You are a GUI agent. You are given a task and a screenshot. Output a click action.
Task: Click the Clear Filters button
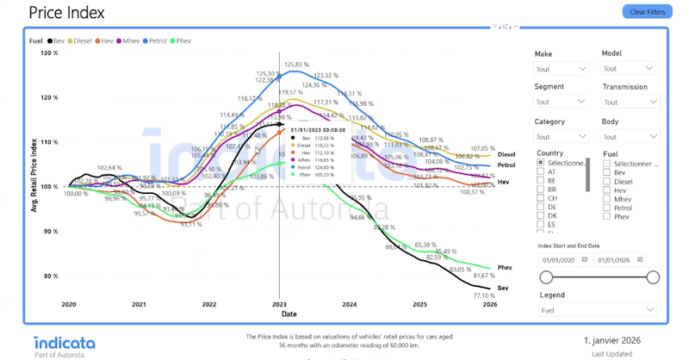pyautogui.click(x=647, y=12)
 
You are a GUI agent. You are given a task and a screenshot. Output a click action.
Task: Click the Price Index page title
pyautogui.click(x=66, y=13)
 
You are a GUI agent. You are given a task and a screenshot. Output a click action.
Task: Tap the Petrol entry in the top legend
pyautogui.click(x=158, y=40)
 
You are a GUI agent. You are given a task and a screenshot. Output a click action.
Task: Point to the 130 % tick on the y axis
pyautogui.click(x=50, y=53)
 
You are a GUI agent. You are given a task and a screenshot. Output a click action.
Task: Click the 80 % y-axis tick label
pyautogui.click(x=51, y=276)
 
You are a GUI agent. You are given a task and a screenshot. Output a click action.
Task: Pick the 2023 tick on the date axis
pyautogui.click(x=279, y=305)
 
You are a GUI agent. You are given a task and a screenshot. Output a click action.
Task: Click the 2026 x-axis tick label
pyautogui.click(x=490, y=305)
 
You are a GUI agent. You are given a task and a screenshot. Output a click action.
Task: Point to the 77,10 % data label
pyautogui.click(x=485, y=295)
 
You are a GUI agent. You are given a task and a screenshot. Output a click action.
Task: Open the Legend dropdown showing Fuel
pyautogui.click(x=597, y=310)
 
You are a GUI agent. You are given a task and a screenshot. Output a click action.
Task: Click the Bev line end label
pyautogui.click(x=503, y=288)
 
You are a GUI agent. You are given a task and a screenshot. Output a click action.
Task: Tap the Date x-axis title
pyautogui.click(x=289, y=314)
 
